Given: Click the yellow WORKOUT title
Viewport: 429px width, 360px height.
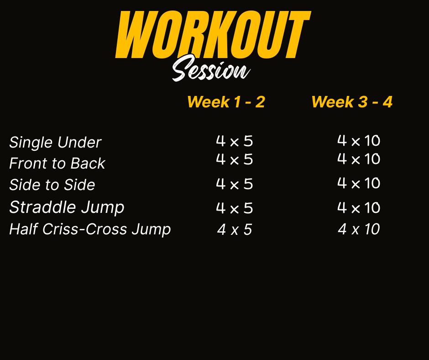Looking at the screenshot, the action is [213, 35].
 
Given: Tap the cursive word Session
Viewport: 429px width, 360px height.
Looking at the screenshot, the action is [211, 69].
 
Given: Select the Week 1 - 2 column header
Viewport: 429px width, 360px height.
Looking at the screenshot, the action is [226, 102].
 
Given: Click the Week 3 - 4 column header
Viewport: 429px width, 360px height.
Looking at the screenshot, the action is [352, 102].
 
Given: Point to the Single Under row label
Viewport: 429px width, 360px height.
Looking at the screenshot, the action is [55, 143].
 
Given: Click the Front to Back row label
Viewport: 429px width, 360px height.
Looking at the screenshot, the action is [57, 163].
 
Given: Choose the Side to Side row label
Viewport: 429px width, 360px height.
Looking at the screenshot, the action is [52, 185].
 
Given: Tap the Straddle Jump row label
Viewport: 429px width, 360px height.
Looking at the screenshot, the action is [67, 207].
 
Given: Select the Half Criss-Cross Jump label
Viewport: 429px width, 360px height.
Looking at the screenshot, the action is [90, 229].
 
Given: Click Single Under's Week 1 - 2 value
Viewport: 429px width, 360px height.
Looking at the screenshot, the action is [235, 141].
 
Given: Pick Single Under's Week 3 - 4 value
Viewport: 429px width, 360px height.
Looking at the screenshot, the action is [359, 141].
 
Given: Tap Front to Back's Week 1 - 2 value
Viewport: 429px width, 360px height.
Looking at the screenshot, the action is [235, 159].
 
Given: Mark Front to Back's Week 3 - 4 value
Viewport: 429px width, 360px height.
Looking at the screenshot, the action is [359, 159].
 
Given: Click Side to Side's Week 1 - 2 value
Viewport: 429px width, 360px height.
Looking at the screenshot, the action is [235, 184].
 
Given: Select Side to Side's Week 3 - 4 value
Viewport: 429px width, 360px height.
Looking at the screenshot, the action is [359, 183].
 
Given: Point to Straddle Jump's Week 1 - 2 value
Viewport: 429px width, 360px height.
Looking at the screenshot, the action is [235, 208].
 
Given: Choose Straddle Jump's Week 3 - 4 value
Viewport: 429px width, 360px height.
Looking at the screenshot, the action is [359, 207].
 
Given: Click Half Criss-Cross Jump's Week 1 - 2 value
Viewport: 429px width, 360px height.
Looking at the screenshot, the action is [235, 229].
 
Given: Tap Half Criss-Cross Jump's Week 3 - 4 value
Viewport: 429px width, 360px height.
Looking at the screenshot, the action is [359, 229].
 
